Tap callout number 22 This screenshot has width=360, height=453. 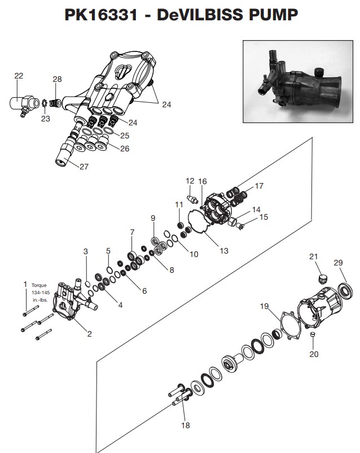[x=19, y=76]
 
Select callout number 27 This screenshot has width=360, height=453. [x=84, y=167]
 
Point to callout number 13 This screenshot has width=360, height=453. [x=224, y=250]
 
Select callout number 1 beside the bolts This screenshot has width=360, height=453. [x=25, y=284]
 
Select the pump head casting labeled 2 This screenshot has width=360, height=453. [x=71, y=305]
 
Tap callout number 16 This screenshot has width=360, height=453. [x=203, y=181]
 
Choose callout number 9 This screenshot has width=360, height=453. [x=152, y=218]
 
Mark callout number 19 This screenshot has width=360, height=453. [x=264, y=307]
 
